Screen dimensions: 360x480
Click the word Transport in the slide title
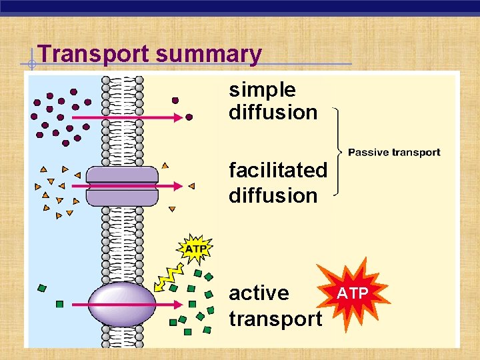tap(94, 53)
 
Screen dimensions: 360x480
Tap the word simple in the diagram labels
tap(262, 89)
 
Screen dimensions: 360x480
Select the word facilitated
tap(278, 171)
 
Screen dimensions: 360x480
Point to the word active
tap(259, 293)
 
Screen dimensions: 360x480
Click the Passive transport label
tap(394, 153)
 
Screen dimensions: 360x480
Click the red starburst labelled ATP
tap(351, 292)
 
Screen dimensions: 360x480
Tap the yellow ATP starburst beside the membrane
tap(195, 249)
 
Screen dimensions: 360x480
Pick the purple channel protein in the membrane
tap(122, 186)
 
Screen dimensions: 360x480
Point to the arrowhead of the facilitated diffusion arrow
tap(178, 186)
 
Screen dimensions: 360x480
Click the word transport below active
tap(275, 319)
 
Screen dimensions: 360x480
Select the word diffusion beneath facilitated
tap(273, 195)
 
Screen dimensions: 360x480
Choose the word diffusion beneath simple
tap(273, 113)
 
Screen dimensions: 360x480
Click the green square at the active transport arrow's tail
tap(59, 304)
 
